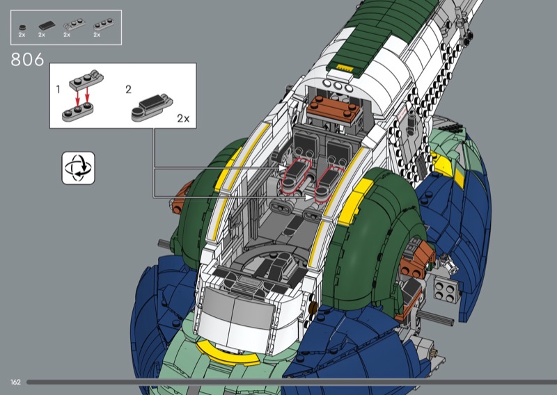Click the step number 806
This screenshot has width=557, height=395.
tap(27, 59)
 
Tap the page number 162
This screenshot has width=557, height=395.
tap(15, 382)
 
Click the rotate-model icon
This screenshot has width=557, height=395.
tap(78, 168)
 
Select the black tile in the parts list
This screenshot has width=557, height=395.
tap(47, 26)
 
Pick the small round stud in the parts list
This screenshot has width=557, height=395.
tap(22, 27)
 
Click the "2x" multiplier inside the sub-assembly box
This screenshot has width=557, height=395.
tap(183, 118)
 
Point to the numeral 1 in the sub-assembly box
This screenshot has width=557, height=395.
tap(58, 90)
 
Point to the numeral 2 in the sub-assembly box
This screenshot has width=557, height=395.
tap(129, 90)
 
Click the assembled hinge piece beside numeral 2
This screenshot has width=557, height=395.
tap(152, 108)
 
